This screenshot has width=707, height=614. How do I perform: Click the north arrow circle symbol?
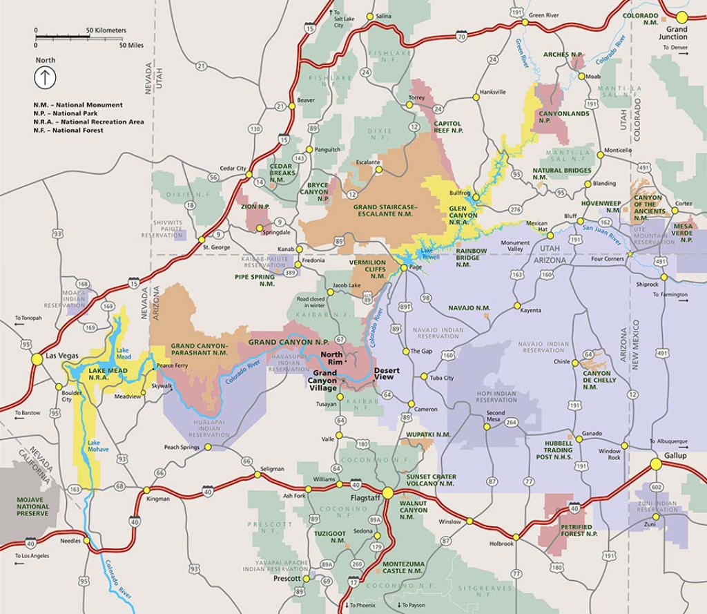point(46,77)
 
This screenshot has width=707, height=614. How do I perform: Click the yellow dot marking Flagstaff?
point(388,492)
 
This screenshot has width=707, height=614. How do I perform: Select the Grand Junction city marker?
point(682,17)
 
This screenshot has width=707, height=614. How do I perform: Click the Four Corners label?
point(608,260)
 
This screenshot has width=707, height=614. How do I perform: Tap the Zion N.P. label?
point(255,207)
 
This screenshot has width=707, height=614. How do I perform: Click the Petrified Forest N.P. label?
point(574,530)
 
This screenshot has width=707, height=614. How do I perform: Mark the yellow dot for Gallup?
point(656,465)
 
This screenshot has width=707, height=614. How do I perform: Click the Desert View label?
point(387,374)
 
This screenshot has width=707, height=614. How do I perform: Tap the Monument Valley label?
point(515,247)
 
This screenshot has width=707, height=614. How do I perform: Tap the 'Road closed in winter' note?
point(311,302)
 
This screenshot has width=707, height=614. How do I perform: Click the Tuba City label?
point(442,378)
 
